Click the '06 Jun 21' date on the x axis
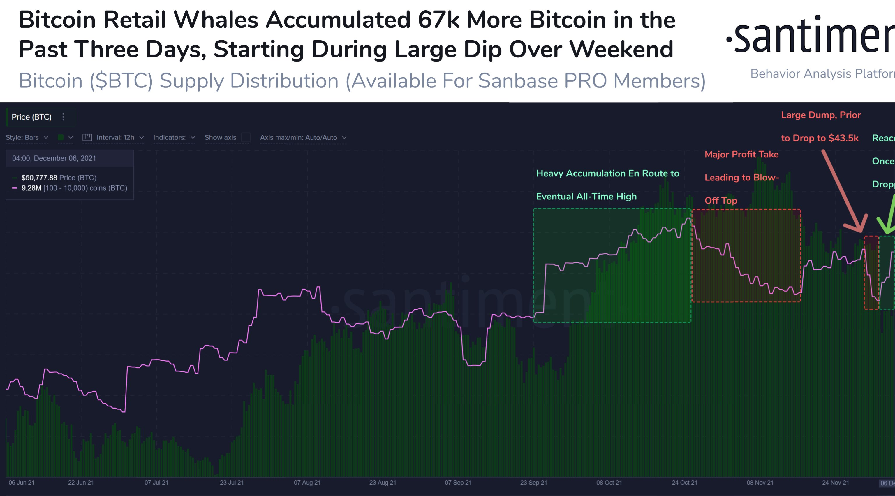[x=22, y=482]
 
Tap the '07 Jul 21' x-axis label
[x=156, y=482]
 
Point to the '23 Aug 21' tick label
[x=383, y=482]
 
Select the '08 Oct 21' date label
[x=609, y=482]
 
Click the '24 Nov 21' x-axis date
[x=835, y=482]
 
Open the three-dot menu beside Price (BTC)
[x=63, y=117]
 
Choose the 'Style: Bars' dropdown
[x=27, y=137]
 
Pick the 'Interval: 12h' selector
[x=113, y=137]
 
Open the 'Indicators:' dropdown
[x=174, y=137]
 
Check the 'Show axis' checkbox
[x=246, y=137]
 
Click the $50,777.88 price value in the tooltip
[x=39, y=178]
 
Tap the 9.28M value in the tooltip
[x=31, y=188]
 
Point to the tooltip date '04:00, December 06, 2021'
[x=54, y=158]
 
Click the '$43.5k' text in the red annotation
[x=843, y=138]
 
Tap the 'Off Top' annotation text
[x=720, y=201]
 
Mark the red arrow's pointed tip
[x=861, y=231]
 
